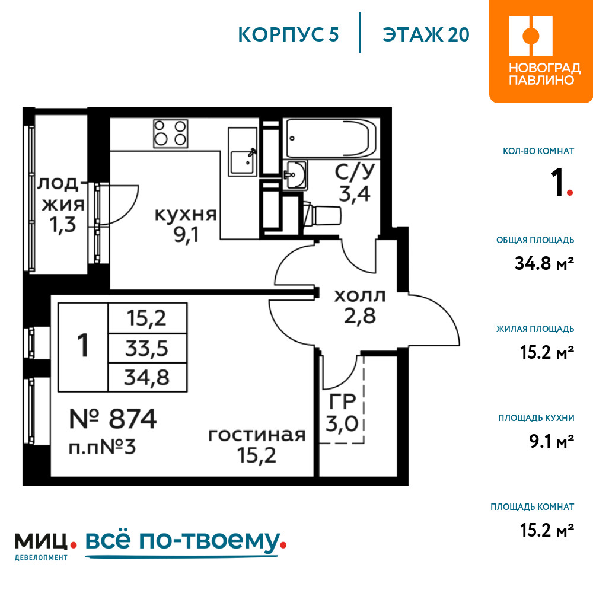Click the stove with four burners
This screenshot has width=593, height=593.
coord(170,134)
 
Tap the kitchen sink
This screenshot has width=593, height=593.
coord(243,152)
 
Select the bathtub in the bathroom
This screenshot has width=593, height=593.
coord(331,138)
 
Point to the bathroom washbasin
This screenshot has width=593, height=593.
coord(295,174)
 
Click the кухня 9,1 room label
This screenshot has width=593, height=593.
coord(186,225)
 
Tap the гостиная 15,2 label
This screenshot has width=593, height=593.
coord(257,445)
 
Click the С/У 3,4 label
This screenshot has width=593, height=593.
coord(355,183)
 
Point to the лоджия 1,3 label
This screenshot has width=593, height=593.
coord(63,205)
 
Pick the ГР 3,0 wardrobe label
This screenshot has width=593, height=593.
coord(342,413)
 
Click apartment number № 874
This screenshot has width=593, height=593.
coord(113,419)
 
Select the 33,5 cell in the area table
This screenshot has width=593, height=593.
coord(146,348)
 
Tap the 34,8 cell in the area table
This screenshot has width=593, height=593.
coord(146,377)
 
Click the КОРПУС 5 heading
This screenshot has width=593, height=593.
coord(288,35)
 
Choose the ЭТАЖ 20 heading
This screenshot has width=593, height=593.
coord(426,35)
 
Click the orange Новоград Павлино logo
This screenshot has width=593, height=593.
coord(541,52)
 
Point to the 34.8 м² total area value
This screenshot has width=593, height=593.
coord(544,263)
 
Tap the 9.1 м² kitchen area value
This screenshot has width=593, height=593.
coord(551,441)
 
